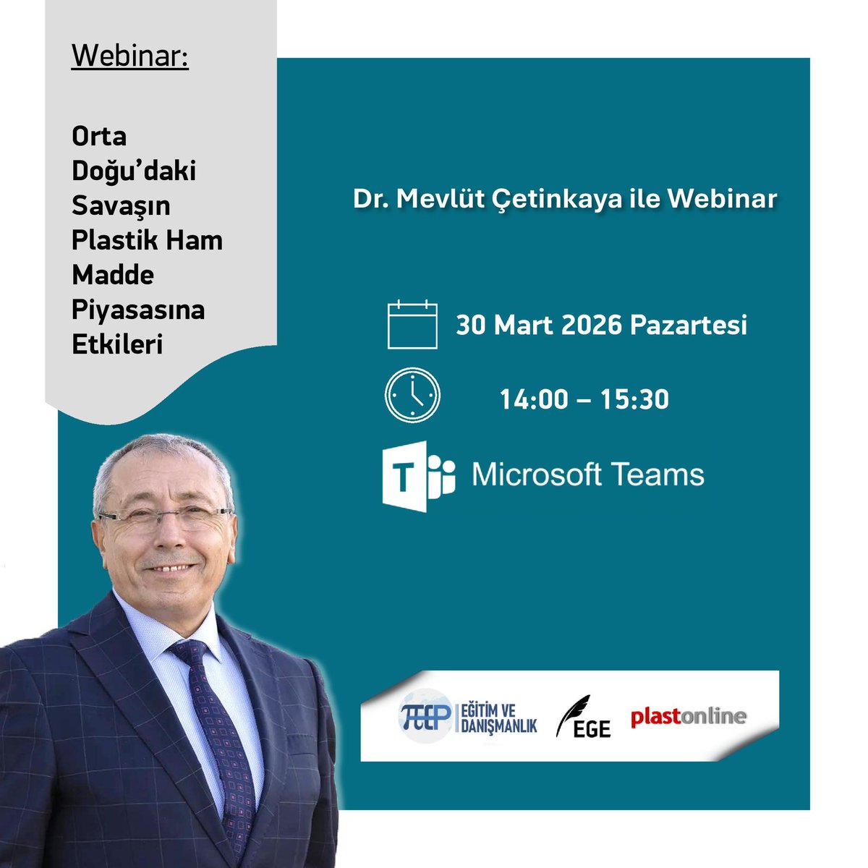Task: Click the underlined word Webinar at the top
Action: (129, 56)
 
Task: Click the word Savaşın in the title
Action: (121, 206)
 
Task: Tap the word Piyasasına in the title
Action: (138, 310)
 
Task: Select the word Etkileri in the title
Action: (117, 345)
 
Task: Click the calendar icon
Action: (412, 325)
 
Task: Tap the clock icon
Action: (412, 395)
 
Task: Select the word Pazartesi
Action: (689, 325)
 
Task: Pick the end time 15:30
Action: (634, 399)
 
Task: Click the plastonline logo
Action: (688, 717)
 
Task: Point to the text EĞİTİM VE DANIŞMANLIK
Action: (498, 717)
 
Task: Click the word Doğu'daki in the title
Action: (134, 171)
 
